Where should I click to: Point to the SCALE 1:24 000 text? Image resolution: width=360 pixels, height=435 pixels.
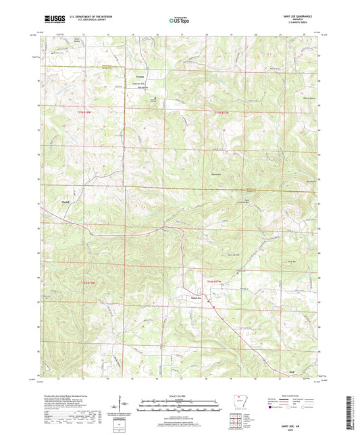click(x=180, y=395)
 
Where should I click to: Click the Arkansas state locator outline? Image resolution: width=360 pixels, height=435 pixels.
click(x=240, y=401)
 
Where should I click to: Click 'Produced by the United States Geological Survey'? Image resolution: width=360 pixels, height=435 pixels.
click(x=68, y=394)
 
